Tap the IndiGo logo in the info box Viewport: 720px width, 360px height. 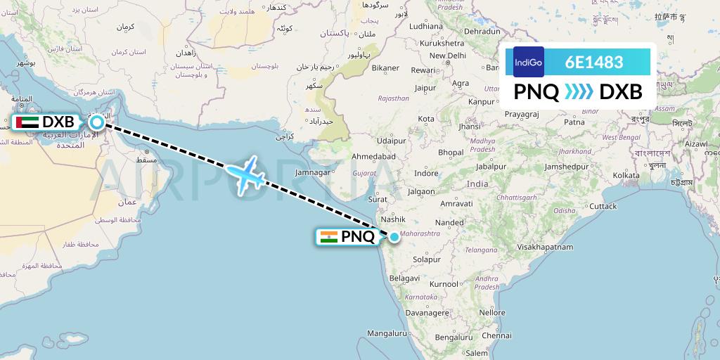point(529,62)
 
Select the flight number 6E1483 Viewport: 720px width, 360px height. point(594,62)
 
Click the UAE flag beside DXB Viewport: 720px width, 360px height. point(27,122)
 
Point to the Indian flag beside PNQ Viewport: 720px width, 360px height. point(328,237)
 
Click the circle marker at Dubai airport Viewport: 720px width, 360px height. point(96,122)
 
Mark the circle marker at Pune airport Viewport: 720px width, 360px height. point(394,237)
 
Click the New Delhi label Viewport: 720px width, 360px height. point(448,56)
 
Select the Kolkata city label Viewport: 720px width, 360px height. point(645,175)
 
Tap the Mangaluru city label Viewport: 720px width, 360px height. point(387,333)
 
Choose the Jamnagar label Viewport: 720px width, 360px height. point(313,172)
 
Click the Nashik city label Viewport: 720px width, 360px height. point(394,219)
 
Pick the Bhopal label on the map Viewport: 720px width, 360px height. point(451,152)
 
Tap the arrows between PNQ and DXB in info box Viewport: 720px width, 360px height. point(579,91)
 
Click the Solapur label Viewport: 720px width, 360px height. point(427,259)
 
